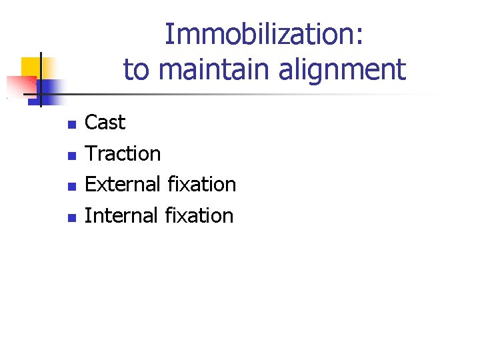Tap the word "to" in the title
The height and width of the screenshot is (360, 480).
[135, 69]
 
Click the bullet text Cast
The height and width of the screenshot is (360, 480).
[105, 123]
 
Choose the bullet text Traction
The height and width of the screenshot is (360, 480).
[123, 154]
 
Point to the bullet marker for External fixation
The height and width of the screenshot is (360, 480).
[72, 187]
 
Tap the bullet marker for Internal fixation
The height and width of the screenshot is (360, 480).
[72, 218]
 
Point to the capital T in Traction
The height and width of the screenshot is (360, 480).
[91, 154]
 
